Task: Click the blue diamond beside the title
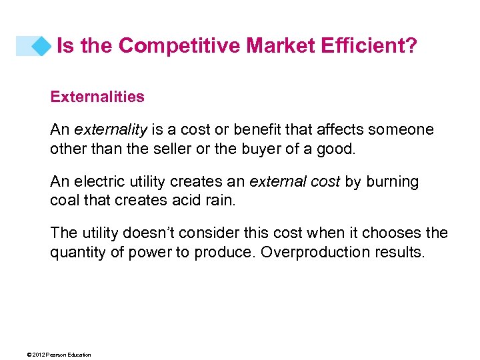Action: pyautogui.click(x=41, y=46)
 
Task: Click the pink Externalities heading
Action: pyautogui.click(x=97, y=97)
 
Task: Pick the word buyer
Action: pyautogui.click(x=258, y=148)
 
